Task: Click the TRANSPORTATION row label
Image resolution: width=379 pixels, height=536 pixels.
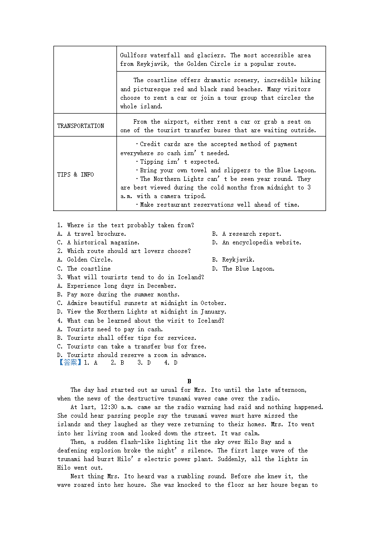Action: click(81, 126)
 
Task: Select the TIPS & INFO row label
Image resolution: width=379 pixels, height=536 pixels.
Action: click(75, 175)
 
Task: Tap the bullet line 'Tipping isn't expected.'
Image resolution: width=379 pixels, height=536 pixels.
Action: click(179, 162)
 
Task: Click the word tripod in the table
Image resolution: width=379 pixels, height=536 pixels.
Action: click(196, 196)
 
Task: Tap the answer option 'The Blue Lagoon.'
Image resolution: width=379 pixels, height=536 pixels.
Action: click(248, 269)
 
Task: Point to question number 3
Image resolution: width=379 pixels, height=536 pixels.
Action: click(60, 277)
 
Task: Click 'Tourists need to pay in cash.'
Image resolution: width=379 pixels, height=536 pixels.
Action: click(115, 329)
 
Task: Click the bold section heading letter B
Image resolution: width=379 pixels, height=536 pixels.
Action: click(189, 381)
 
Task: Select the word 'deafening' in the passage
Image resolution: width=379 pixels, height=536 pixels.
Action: click(73, 451)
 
